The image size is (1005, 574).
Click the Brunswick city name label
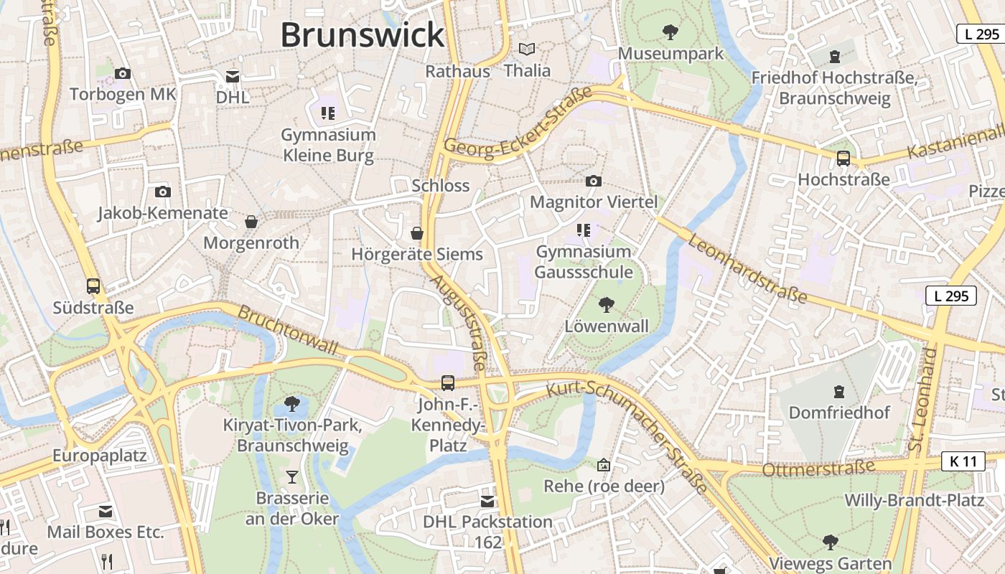coord(363,35)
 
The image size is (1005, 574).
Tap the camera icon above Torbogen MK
coord(123,73)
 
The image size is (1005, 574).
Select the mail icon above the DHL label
coord(233,76)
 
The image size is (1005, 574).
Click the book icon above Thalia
coord(527,50)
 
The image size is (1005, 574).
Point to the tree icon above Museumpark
coord(670,32)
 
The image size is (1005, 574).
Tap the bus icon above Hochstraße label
coord(843,159)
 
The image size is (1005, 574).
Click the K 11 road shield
coord(963,461)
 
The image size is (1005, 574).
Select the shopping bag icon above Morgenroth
coord(251,222)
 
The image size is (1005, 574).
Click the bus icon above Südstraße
coord(93,286)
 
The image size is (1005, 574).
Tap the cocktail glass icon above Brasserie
coord(291,476)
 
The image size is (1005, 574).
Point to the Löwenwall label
coord(607,326)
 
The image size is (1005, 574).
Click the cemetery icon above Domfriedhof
coord(838,392)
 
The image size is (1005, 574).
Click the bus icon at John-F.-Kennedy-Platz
coord(448,382)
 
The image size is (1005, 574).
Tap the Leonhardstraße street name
coord(747,268)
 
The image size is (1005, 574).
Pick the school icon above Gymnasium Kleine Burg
coord(328,113)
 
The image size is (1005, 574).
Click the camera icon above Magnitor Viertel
coord(593,181)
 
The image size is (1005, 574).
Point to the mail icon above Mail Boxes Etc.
coord(106,512)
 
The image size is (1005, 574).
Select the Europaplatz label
coord(99,456)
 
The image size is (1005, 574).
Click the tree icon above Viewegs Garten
coord(831,542)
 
